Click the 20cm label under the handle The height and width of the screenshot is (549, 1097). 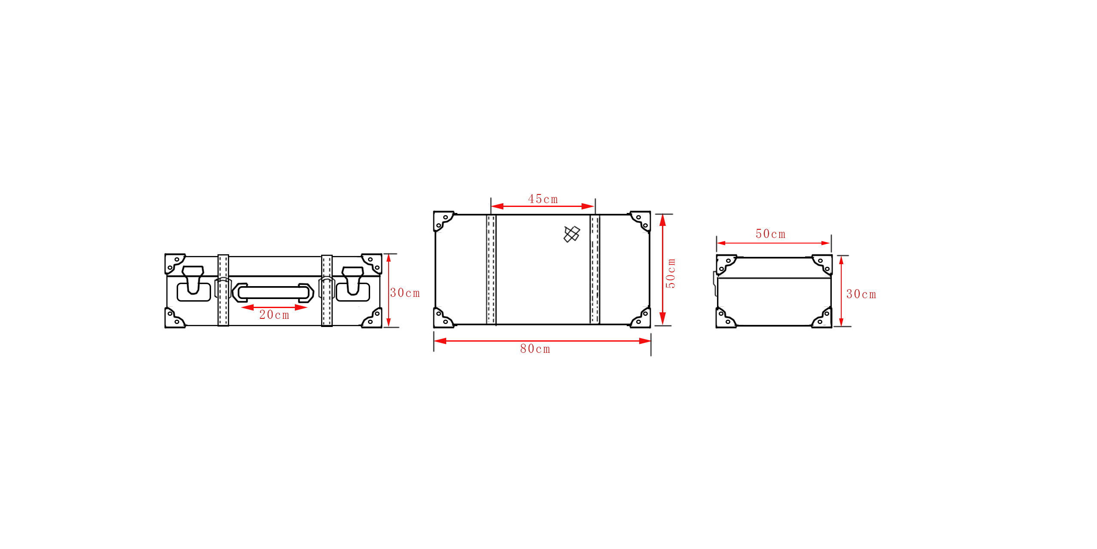274,315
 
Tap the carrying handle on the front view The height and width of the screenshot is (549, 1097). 273,293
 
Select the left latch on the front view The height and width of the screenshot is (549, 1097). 193,283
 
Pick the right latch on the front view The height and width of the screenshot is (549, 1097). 353,284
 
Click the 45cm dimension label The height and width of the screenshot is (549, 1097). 543,199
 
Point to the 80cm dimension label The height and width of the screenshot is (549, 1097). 535,349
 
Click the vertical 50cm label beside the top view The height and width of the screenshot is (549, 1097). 671,273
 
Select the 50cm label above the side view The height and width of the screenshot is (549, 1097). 771,234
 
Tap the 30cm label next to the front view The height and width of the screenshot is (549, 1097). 405,293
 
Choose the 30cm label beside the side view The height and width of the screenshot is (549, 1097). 861,294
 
